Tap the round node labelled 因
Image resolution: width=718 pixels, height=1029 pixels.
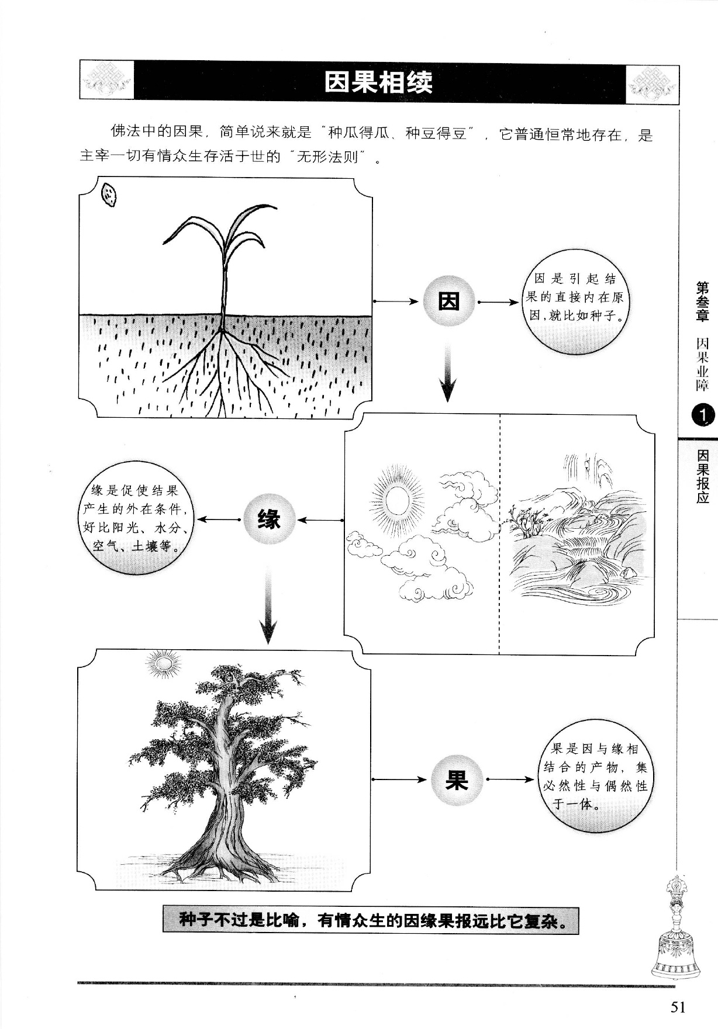pyautogui.click(x=448, y=302)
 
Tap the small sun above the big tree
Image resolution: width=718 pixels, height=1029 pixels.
pyautogui.click(x=163, y=665)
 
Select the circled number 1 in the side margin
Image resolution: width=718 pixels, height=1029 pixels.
pyautogui.click(x=702, y=415)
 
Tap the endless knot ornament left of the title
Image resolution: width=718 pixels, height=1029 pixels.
pyautogui.click(x=106, y=82)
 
